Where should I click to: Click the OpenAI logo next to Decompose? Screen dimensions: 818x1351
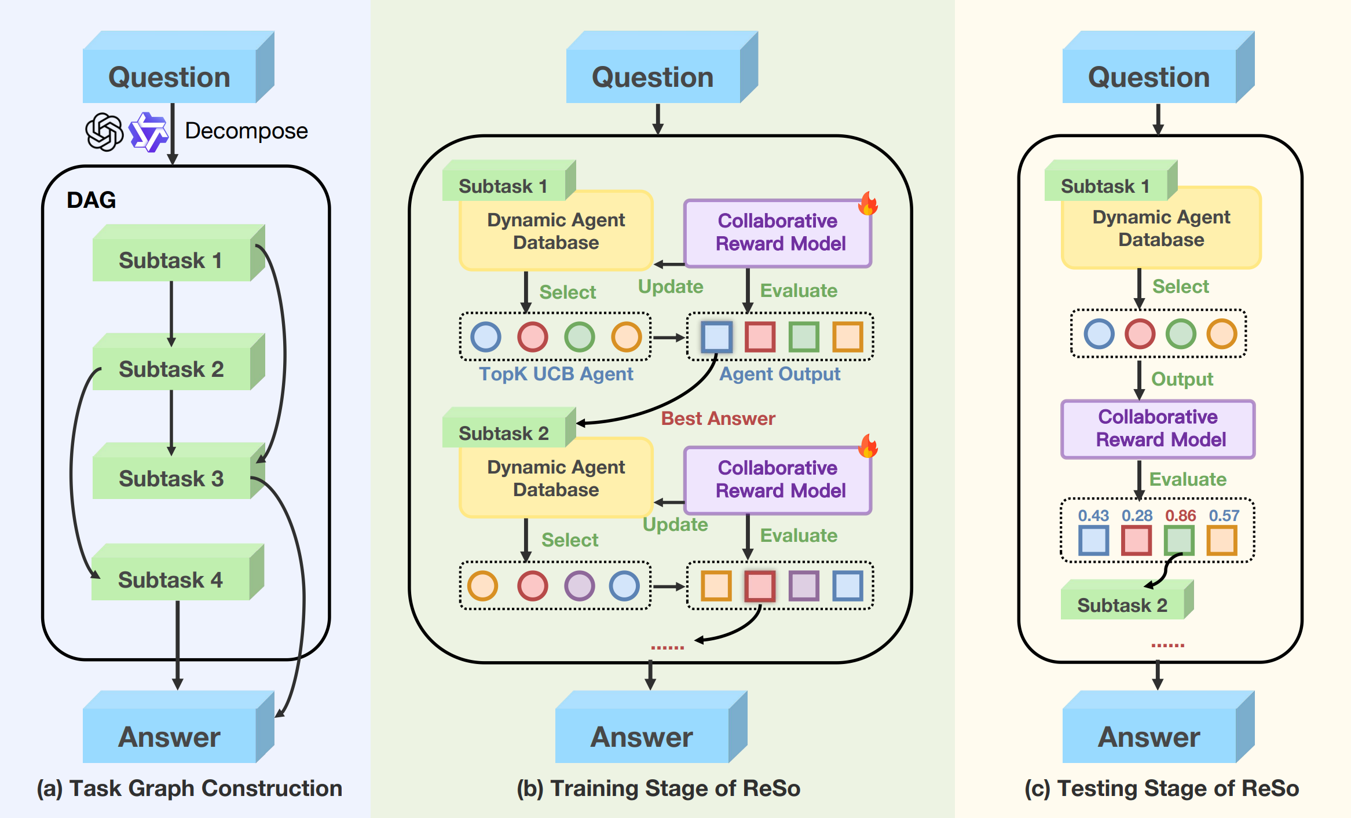point(104,132)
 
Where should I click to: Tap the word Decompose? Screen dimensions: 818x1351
point(246,131)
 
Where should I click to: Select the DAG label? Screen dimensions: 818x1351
point(91,200)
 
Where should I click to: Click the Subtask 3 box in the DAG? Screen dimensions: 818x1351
point(171,478)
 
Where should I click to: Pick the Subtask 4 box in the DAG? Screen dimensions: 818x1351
point(171,579)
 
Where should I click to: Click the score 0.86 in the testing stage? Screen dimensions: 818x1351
point(1180,515)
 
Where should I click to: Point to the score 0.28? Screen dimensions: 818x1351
point(1137,515)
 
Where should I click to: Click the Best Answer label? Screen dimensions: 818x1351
point(717,418)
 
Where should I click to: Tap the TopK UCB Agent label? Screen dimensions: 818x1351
point(556,374)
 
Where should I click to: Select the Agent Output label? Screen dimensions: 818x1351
point(779,374)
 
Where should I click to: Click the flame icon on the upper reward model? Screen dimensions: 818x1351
point(867,203)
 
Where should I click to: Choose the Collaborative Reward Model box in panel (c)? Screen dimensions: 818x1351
point(1158,428)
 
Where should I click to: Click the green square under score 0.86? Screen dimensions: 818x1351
point(1180,541)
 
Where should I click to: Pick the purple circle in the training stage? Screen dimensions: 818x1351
point(579,586)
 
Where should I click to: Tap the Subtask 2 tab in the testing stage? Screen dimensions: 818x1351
point(1122,604)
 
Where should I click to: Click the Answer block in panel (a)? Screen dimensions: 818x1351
point(170,736)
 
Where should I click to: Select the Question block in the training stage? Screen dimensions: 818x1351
point(653,76)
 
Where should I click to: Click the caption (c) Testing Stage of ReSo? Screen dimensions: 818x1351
point(1161,788)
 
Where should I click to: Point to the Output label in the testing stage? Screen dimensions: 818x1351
point(1181,379)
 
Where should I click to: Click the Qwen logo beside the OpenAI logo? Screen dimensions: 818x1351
point(148,132)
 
